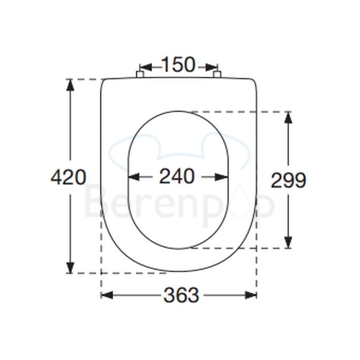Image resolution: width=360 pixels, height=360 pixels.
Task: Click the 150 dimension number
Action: pyautogui.click(x=178, y=65)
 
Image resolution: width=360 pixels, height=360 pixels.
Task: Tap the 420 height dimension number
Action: pyautogui.click(x=68, y=177)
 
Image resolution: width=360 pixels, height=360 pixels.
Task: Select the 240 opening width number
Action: pyautogui.click(x=177, y=177)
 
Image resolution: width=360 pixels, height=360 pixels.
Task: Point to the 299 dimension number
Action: pyautogui.click(x=288, y=180)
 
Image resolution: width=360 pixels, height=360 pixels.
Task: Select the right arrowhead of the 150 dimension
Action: pyautogui.click(x=212, y=67)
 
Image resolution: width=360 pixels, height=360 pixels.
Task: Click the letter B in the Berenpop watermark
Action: pyautogui.click(x=95, y=204)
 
